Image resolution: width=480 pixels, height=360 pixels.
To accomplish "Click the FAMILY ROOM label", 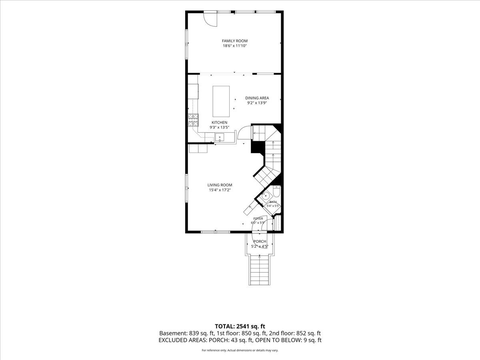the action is click(x=235, y=41).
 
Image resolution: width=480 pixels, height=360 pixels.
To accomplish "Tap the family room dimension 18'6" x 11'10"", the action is click(x=235, y=46).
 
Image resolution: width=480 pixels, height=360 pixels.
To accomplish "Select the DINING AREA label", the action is click(x=257, y=98).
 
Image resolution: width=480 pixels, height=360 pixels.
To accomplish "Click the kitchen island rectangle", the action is click(x=221, y=102).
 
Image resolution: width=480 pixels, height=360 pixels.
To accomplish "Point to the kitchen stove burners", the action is click(x=193, y=120).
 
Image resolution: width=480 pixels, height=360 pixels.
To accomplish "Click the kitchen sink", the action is click(x=220, y=138).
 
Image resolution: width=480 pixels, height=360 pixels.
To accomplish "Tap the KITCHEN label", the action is click(x=219, y=122).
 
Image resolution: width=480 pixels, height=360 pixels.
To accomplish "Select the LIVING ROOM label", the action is click(x=220, y=185).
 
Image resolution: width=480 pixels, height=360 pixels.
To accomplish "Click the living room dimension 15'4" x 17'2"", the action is click(x=220, y=190).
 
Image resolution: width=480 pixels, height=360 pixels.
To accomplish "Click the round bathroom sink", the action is click(x=265, y=196).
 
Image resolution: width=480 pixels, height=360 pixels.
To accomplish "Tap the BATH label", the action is click(x=273, y=202).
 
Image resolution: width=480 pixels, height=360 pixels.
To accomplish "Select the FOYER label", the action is click(x=258, y=218).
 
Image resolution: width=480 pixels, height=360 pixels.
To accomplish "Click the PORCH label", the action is click(x=260, y=241).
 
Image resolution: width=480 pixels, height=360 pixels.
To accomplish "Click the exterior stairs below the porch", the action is click(x=260, y=271).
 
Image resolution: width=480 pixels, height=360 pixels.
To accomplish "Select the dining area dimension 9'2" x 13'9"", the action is click(x=257, y=103).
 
